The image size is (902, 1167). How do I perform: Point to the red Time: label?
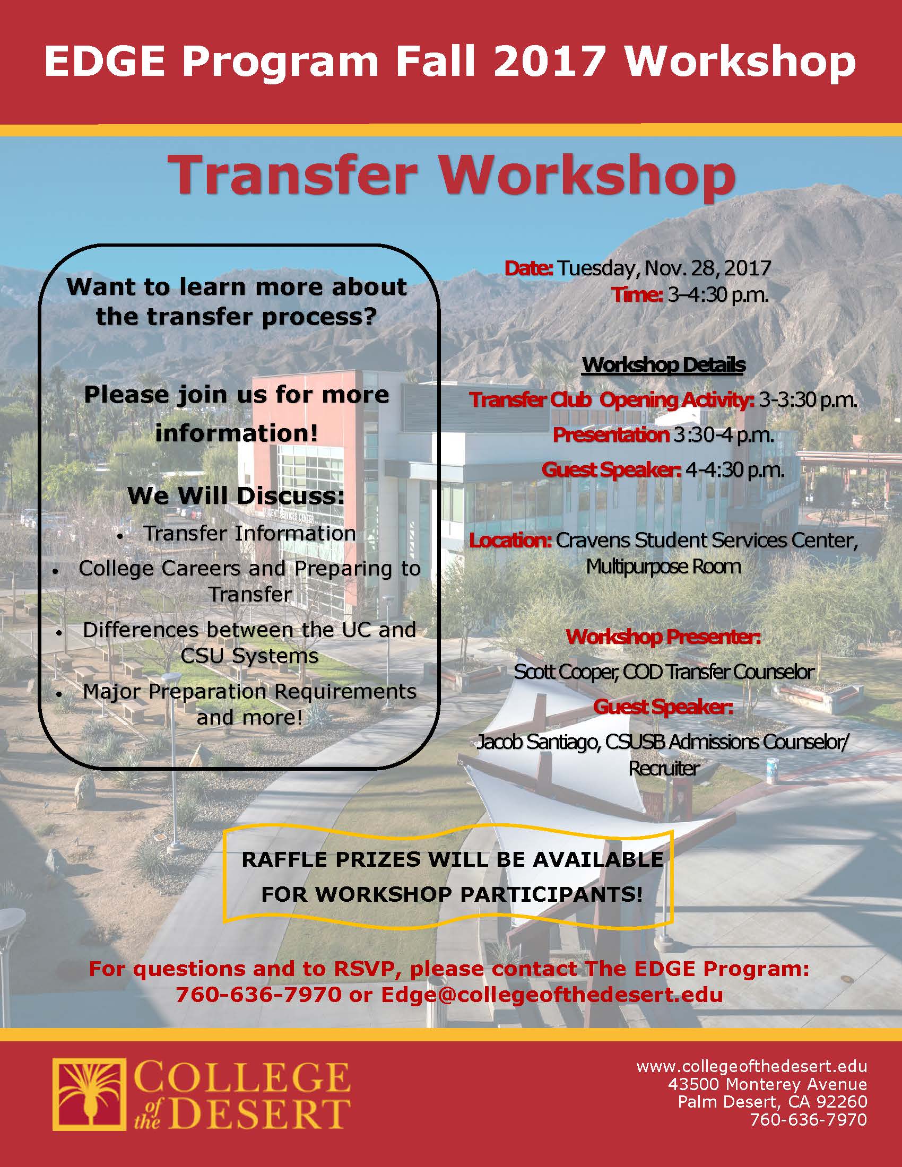(637, 295)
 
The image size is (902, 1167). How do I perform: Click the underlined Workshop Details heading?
(663, 365)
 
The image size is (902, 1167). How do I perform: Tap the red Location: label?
(510, 540)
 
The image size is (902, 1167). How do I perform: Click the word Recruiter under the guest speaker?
(664, 769)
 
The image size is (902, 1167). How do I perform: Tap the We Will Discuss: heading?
(236, 496)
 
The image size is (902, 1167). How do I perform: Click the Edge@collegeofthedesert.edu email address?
(552, 995)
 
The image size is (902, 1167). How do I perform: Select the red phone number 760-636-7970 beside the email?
(258, 995)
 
